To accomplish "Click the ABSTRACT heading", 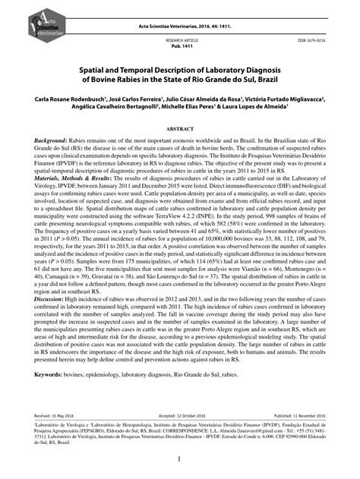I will [x=180, y=130].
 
